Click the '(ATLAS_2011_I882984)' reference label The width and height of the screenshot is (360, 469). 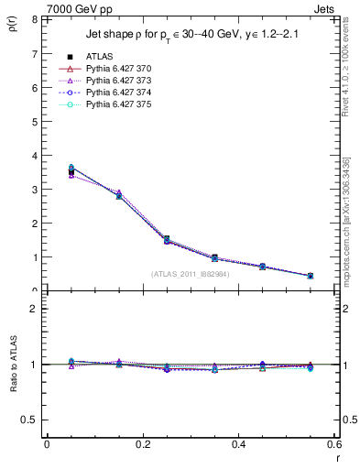(191, 274)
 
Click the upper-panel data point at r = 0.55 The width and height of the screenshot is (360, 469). (311, 276)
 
